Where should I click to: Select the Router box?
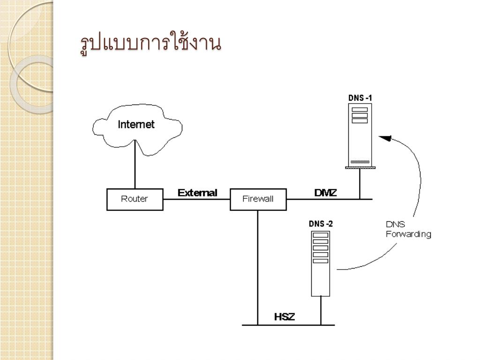coord(135,199)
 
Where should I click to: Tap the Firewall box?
coord(258,199)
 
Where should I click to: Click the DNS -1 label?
coord(360,97)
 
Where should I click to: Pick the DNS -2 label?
coord(321,224)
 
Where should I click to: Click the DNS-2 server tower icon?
coord(321,262)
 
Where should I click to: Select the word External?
coord(197,193)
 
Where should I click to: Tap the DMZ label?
coord(325,193)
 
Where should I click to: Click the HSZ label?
coord(285,317)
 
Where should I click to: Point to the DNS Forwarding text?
coord(408,229)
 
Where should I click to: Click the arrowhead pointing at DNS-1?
coord(385,138)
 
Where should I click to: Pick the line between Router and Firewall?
coord(196,199)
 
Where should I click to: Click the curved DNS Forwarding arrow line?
coord(419,178)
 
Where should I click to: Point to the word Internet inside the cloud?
coord(136,125)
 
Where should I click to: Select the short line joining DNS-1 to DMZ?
coord(360,184)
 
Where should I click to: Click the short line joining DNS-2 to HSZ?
coord(321,310)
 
